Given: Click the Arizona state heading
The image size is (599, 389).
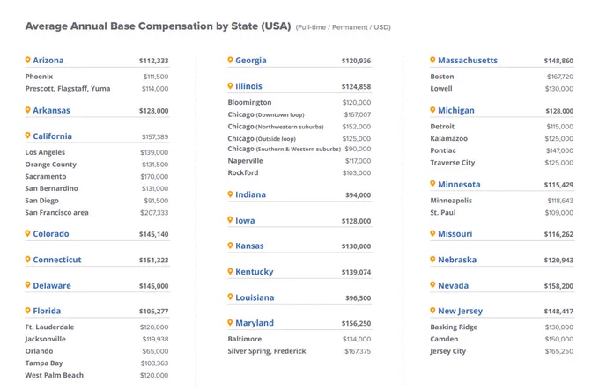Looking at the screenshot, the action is [x=48, y=61].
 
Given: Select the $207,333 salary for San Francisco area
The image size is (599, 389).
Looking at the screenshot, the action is [x=154, y=213].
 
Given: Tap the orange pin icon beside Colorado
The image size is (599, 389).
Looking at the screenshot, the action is [x=27, y=233].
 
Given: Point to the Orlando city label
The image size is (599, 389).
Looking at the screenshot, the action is [x=39, y=351].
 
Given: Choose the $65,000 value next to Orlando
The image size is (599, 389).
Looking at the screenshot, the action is [x=155, y=351].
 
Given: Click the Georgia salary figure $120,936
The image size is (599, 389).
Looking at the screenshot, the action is [x=356, y=61].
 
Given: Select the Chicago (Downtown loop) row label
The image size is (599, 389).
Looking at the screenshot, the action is [x=266, y=114].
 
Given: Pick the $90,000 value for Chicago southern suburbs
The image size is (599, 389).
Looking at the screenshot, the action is [x=358, y=149].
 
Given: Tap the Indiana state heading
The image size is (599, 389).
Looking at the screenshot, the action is [x=250, y=194].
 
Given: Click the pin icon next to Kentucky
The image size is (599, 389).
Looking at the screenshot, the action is [x=230, y=271].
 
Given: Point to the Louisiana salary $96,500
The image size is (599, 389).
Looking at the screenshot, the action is [x=358, y=298].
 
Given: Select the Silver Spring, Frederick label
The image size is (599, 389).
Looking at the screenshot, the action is [x=267, y=351].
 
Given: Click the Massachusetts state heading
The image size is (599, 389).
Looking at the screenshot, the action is [x=468, y=61].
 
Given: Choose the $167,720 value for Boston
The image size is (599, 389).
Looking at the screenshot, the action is [x=560, y=77].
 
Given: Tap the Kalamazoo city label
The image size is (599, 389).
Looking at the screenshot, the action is [x=449, y=138].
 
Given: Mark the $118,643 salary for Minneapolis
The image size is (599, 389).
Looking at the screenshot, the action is [x=560, y=201].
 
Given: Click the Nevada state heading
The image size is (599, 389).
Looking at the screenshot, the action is [x=453, y=285].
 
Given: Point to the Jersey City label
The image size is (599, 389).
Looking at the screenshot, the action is [x=448, y=351].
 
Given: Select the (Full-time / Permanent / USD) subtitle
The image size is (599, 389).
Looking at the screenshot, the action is [x=343, y=27].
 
